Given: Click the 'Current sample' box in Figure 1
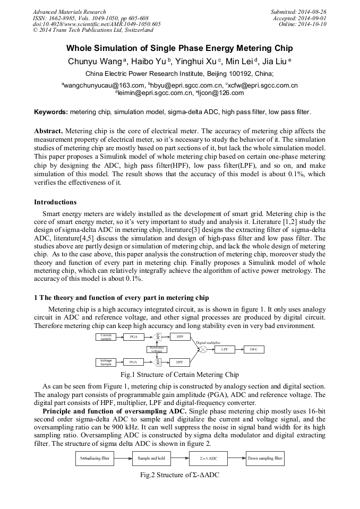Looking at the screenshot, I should [106, 337].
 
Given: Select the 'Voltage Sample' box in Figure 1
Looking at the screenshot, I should [106, 362].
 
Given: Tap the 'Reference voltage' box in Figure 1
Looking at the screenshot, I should [157, 349].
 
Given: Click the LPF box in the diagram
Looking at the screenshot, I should [225, 350].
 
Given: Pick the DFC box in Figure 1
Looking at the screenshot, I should [253, 350].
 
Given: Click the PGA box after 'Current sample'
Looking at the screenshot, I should [134, 337].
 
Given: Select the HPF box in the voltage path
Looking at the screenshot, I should [179, 362].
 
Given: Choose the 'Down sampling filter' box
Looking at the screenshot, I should [264, 458].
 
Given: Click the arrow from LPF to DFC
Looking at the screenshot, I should [239, 350].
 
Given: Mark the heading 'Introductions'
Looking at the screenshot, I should [55, 202].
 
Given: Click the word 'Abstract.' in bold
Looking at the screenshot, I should [48, 131].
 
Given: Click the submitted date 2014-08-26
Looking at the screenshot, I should [312, 12].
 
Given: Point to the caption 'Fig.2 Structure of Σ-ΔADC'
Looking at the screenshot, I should [179, 475].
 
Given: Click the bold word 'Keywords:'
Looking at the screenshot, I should [51, 113].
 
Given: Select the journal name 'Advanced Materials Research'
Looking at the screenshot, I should [69, 12].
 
